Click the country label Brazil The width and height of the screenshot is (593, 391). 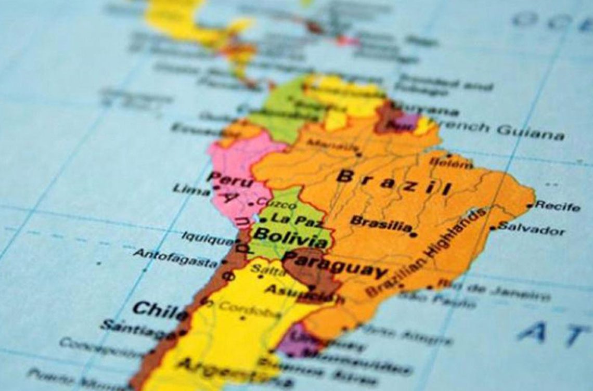[394, 181]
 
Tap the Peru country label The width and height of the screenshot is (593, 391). [230, 179]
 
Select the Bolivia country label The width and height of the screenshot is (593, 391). [290, 237]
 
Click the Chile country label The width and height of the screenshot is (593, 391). [159, 311]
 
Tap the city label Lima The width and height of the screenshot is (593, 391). [191, 190]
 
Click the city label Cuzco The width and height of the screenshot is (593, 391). [270, 202]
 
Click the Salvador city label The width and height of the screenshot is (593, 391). [531, 228]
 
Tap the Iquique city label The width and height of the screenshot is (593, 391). [207, 239]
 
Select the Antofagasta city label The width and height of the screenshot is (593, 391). [175, 257]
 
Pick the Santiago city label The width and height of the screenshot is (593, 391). [138, 329]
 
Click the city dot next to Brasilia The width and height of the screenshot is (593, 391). [413, 235]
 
